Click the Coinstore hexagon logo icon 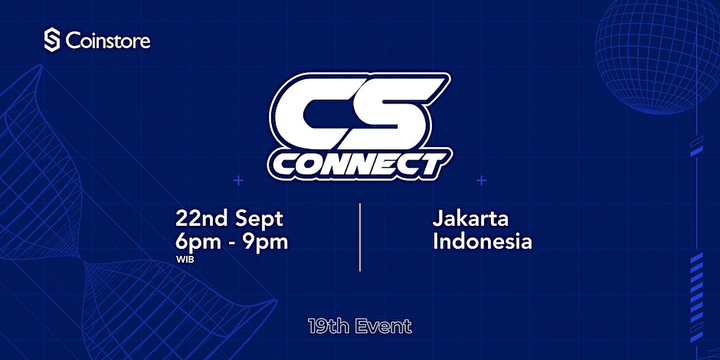tap(52, 40)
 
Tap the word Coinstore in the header tap(108, 41)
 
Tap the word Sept tap(260, 220)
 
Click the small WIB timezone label tap(185, 260)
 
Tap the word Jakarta tap(470, 219)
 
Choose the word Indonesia tap(482, 242)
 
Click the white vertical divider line tap(360, 237)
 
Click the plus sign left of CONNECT tap(238, 181)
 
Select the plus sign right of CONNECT tap(481, 181)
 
